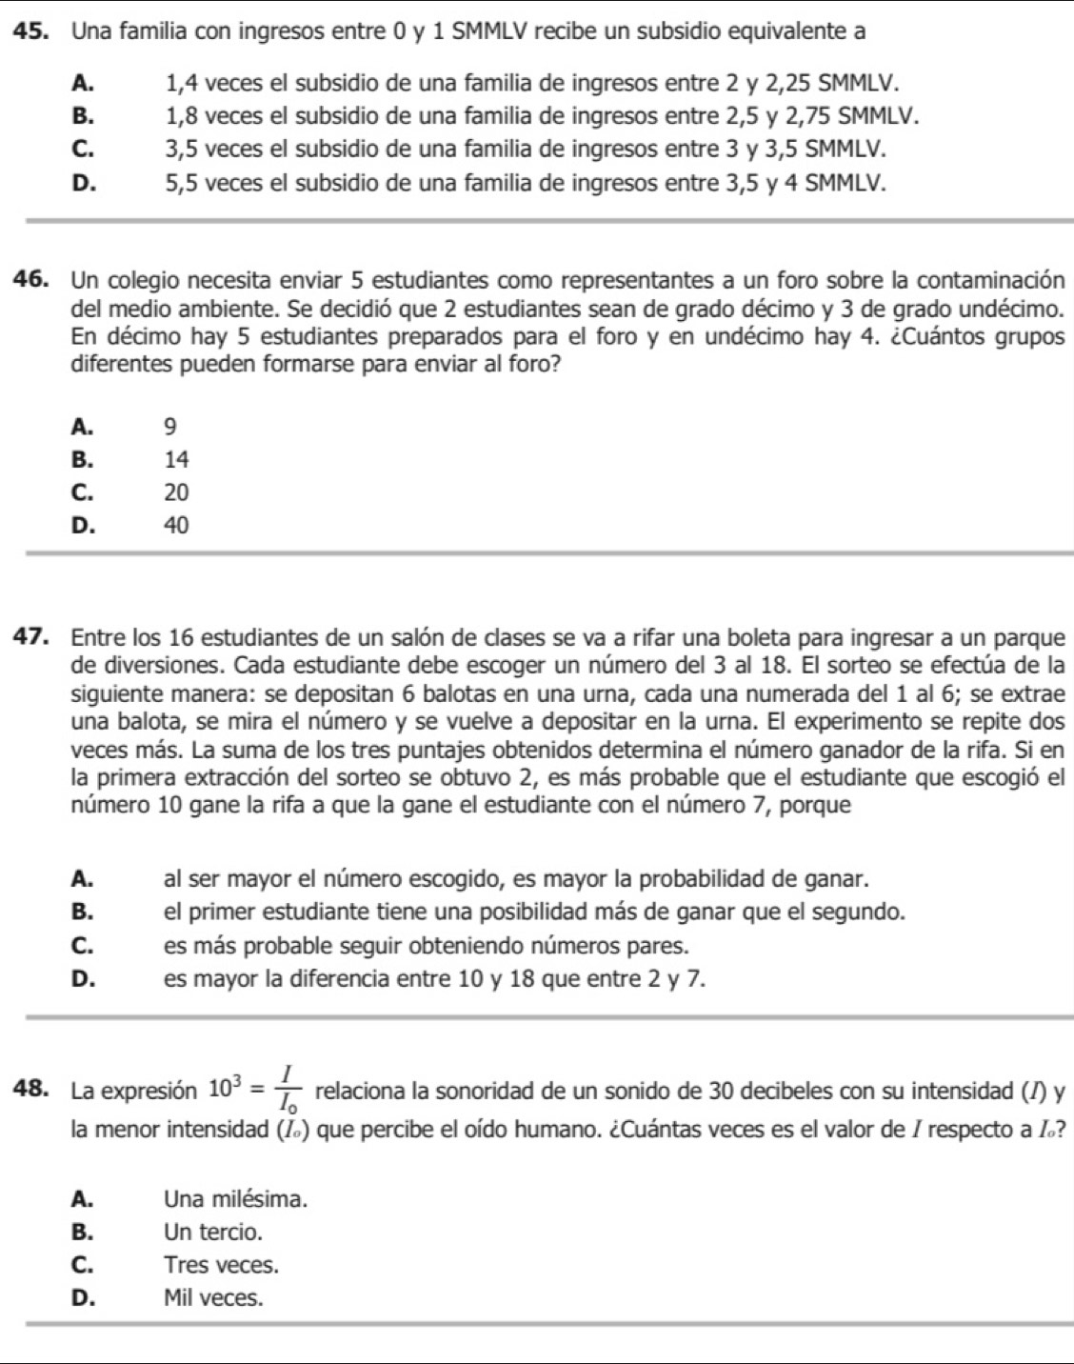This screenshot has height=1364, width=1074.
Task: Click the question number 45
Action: pos(31,30)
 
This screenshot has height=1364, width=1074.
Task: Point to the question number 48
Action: pos(31,1086)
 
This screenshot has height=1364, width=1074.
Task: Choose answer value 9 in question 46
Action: pos(170,427)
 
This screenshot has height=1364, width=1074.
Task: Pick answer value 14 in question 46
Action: pos(176,460)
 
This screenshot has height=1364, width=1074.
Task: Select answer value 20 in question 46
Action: pos(176,492)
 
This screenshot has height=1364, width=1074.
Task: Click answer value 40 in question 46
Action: pos(176,525)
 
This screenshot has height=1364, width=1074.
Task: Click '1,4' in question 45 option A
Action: pos(178,84)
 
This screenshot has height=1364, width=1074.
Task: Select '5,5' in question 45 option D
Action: pos(178,183)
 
